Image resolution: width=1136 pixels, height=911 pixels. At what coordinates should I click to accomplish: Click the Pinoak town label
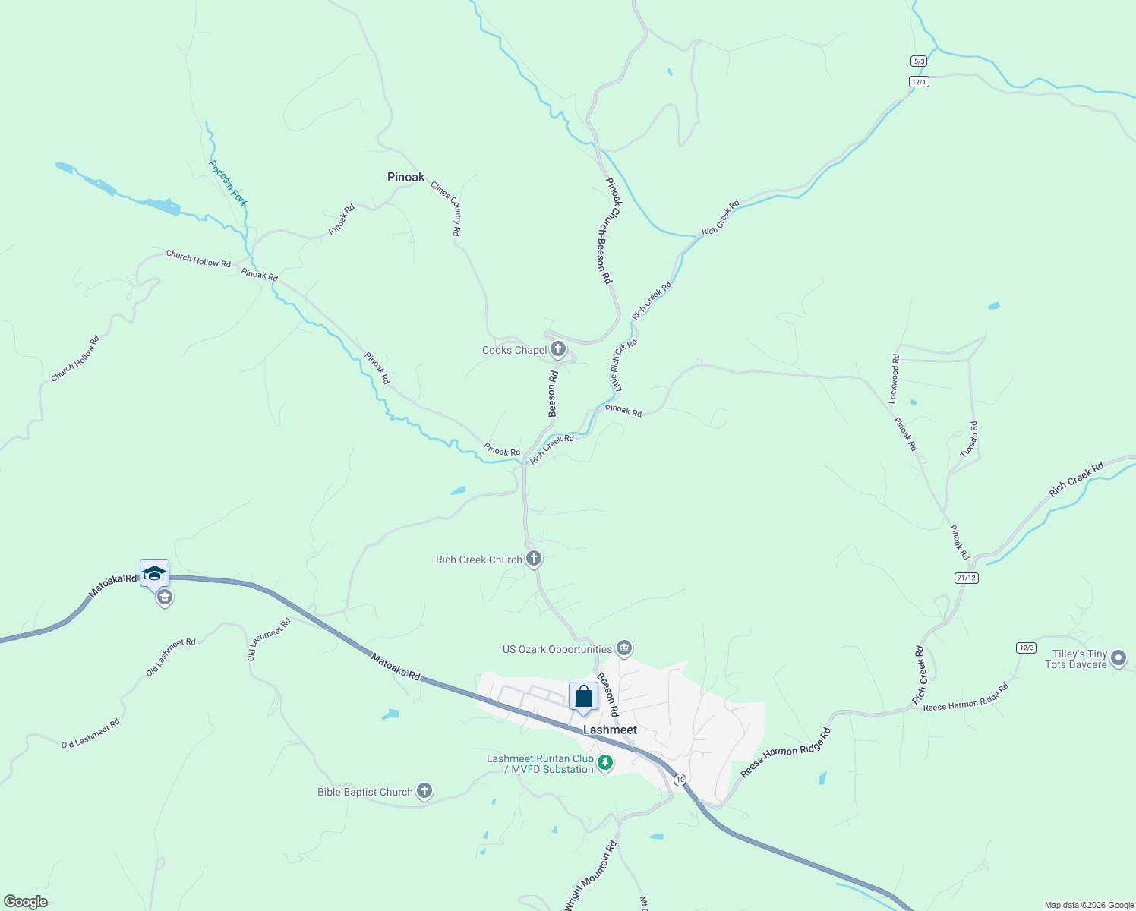405,177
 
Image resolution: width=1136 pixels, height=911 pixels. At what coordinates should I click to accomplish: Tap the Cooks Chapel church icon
558,349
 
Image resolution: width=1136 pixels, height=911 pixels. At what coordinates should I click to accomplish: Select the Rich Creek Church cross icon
534,560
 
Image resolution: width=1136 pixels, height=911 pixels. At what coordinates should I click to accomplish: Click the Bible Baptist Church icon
424,792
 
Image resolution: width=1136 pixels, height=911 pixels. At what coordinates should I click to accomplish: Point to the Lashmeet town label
610,730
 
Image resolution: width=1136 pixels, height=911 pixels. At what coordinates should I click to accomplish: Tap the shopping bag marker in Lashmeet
583,696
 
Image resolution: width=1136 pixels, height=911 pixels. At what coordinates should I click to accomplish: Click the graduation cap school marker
154,572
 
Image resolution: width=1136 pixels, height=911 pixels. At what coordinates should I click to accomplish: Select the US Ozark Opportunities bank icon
624,648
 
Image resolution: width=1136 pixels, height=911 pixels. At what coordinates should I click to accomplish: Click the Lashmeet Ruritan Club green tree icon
605,763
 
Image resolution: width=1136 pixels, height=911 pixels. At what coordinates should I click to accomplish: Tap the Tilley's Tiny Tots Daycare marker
1118,658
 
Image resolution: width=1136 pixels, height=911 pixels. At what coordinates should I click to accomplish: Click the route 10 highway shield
679,780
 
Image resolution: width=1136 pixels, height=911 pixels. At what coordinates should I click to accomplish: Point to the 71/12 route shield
966,578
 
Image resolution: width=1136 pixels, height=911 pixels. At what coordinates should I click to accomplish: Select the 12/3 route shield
1026,648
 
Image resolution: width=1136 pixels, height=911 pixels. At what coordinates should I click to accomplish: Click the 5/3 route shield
919,61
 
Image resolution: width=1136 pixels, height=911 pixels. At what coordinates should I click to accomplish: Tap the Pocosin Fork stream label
228,183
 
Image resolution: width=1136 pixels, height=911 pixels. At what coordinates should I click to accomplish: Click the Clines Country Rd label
446,208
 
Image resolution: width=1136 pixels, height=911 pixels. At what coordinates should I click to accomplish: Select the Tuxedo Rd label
969,440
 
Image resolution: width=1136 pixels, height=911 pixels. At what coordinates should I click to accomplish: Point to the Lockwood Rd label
895,378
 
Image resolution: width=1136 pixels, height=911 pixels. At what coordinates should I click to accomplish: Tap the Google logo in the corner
25,902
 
